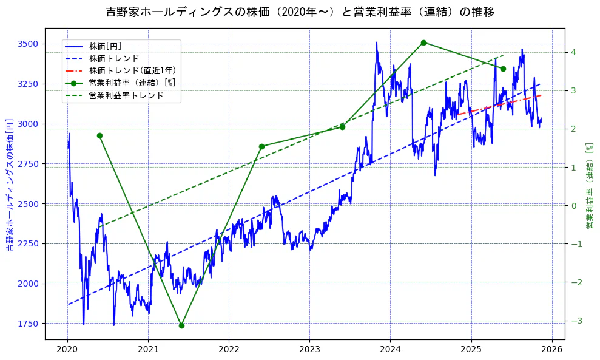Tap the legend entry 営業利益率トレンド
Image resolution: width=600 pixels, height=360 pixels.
point(126,95)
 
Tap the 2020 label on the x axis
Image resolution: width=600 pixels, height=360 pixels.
point(67,350)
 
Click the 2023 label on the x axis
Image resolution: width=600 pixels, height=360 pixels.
point(309,350)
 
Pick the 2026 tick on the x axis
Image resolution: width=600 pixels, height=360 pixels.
point(551,350)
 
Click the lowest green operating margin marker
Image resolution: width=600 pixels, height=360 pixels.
point(181,325)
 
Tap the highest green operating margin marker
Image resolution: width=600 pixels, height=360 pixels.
point(423,42)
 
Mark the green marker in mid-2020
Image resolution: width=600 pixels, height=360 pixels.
point(99,135)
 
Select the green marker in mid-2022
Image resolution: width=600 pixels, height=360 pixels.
point(261,146)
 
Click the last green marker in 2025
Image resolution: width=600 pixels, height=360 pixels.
point(503,69)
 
